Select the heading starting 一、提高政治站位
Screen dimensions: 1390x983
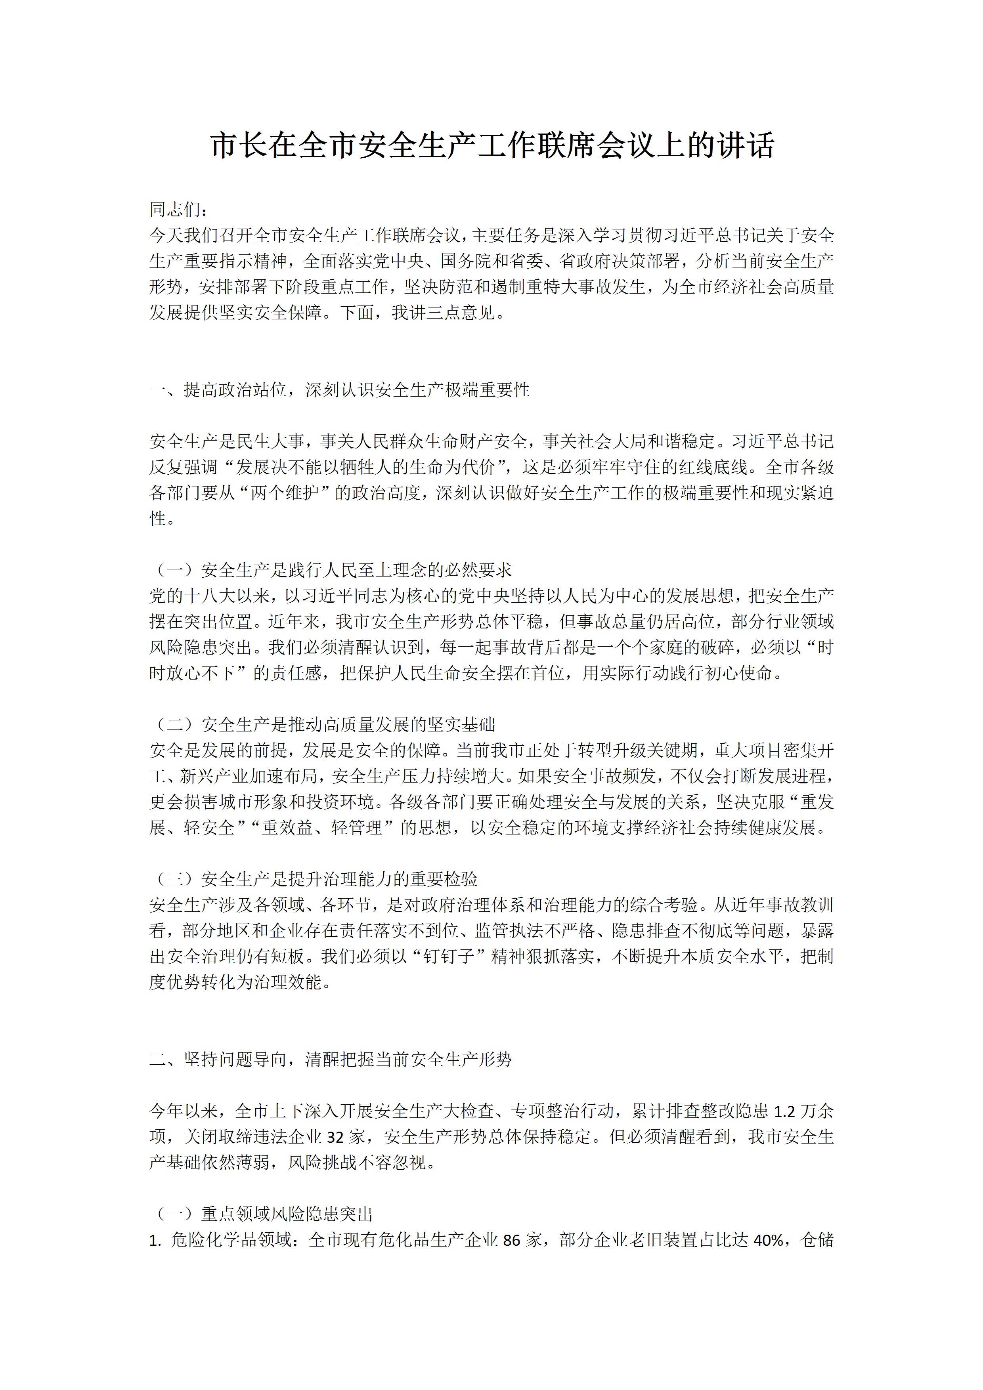pyautogui.click(x=339, y=390)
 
